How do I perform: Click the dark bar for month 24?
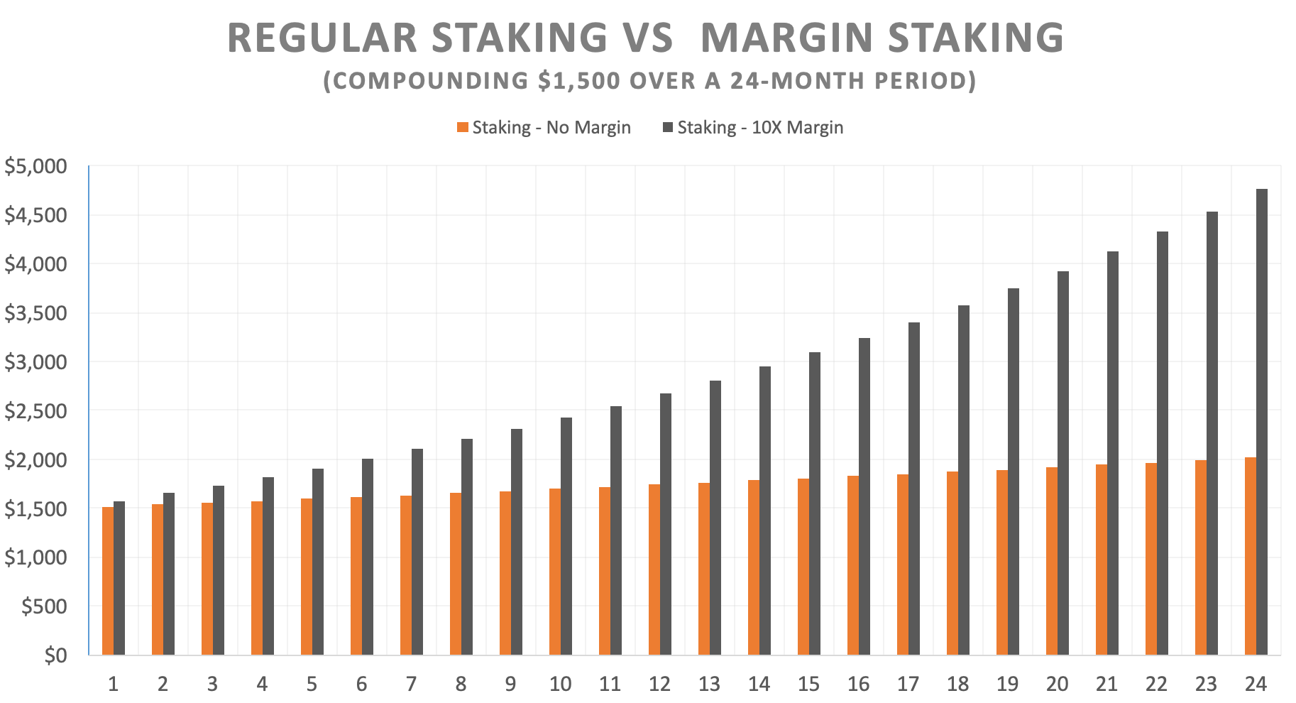1261,422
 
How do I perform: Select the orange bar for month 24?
1251,556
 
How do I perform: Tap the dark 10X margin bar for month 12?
665,524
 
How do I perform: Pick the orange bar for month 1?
108,581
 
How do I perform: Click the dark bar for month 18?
963,480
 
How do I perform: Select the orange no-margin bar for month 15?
803,567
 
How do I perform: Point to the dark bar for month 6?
367,557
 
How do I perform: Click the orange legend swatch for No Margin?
463,128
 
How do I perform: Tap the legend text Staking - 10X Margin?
760,128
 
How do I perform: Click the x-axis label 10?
560,685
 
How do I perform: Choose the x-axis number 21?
1106,685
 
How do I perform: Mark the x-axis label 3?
212,685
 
